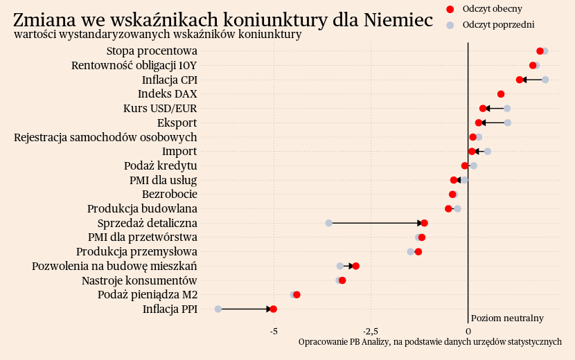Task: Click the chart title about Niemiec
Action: [223, 20]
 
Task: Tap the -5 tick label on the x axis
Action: [274, 331]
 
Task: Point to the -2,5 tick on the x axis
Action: [371, 331]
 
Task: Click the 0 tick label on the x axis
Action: [468, 331]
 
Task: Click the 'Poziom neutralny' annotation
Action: [507, 318]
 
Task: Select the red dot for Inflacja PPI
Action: [273, 309]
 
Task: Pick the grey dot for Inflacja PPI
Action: [218, 309]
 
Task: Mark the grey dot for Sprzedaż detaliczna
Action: [329, 223]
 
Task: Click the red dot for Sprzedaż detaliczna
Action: [424, 223]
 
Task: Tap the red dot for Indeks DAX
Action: [501, 94]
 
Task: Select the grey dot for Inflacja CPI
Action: [545, 80]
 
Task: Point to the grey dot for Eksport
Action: [508, 123]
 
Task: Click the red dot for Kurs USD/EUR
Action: [483, 108]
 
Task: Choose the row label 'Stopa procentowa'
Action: [152, 51]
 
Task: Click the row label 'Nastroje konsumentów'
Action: [139, 280]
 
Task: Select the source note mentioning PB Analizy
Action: [430, 342]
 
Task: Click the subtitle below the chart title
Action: [157, 35]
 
